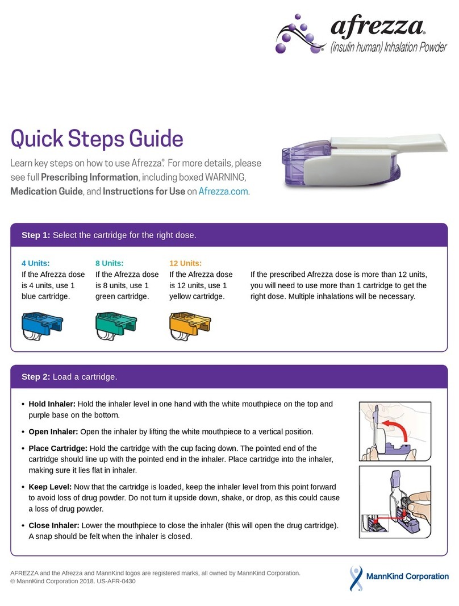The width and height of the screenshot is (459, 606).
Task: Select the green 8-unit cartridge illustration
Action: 115,326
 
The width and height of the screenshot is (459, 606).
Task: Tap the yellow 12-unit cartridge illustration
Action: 190,326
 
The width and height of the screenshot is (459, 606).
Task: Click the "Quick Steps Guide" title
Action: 97,139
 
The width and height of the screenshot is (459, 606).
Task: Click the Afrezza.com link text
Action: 223,192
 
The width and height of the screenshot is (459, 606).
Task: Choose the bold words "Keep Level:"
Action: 48,487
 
